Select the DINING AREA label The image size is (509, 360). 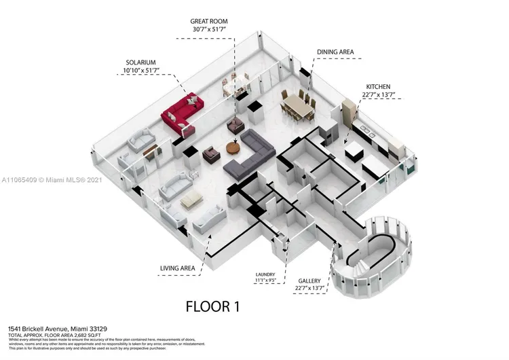pyautogui.click(x=335, y=52)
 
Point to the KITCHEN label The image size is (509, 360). pyautogui.click(x=378, y=87)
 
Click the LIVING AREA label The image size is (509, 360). pyautogui.click(x=177, y=268)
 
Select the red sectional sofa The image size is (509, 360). pyautogui.click(x=182, y=112)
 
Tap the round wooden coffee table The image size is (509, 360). pyautogui.click(x=233, y=147)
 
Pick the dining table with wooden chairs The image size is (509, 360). pyautogui.click(x=297, y=104)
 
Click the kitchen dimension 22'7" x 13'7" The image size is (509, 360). pyautogui.click(x=378, y=96)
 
